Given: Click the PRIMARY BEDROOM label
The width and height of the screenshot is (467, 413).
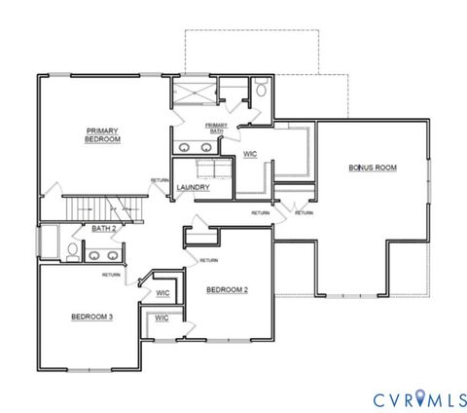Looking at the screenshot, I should click(102, 135).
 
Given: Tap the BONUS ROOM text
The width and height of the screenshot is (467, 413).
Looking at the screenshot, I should click(373, 168).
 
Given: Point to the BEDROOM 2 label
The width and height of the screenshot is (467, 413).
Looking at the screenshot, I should click(227, 289).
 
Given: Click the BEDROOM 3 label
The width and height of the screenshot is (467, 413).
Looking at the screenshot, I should click(92, 317).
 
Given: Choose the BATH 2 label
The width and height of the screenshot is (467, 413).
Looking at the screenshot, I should click(104, 229).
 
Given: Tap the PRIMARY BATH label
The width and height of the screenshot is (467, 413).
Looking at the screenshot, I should click(216, 129).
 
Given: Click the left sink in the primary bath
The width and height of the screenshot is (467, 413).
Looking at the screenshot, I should click(185, 148).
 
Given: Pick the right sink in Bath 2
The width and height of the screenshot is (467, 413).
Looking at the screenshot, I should click(113, 255).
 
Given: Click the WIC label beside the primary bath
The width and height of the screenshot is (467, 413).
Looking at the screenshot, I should click(250, 154).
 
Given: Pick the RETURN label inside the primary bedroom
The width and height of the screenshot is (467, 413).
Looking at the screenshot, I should click(160, 180).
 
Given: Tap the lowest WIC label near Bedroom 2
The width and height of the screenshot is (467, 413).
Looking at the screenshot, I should click(162, 318).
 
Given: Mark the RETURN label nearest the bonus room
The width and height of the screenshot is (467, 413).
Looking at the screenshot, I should click(304, 212).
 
